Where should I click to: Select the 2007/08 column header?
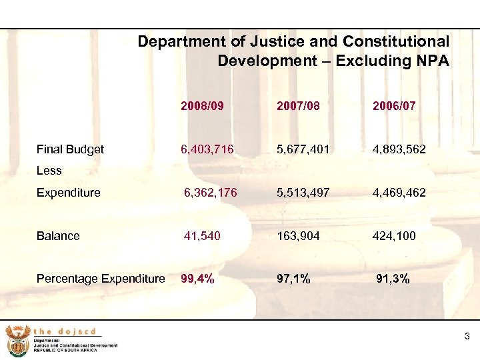click(x=299, y=105)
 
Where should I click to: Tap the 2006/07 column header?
click(x=394, y=105)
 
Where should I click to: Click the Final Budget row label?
click(x=70, y=149)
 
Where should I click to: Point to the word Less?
click(x=49, y=171)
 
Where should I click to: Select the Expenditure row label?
click(x=69, y=193)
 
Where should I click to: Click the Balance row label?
click(x=58, y=235)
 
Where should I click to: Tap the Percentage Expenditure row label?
click(x=101, y=279)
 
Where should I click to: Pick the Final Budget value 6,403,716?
click(x=207, y=149)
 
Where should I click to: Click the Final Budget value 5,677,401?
click(x=304, y=149)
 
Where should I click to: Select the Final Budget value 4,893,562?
click(x=399, y=149)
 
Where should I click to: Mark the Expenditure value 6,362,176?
click(x=211, y=193)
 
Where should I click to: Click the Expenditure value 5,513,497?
click(x=304, y=193)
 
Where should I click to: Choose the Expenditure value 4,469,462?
click(x=399, y=193)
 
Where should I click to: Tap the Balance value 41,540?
click(x=203, y=235)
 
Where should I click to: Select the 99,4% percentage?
click(x=198, y=279)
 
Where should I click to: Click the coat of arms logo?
click(x=16, y=340)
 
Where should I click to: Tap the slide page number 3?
click(x=467, y=337)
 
